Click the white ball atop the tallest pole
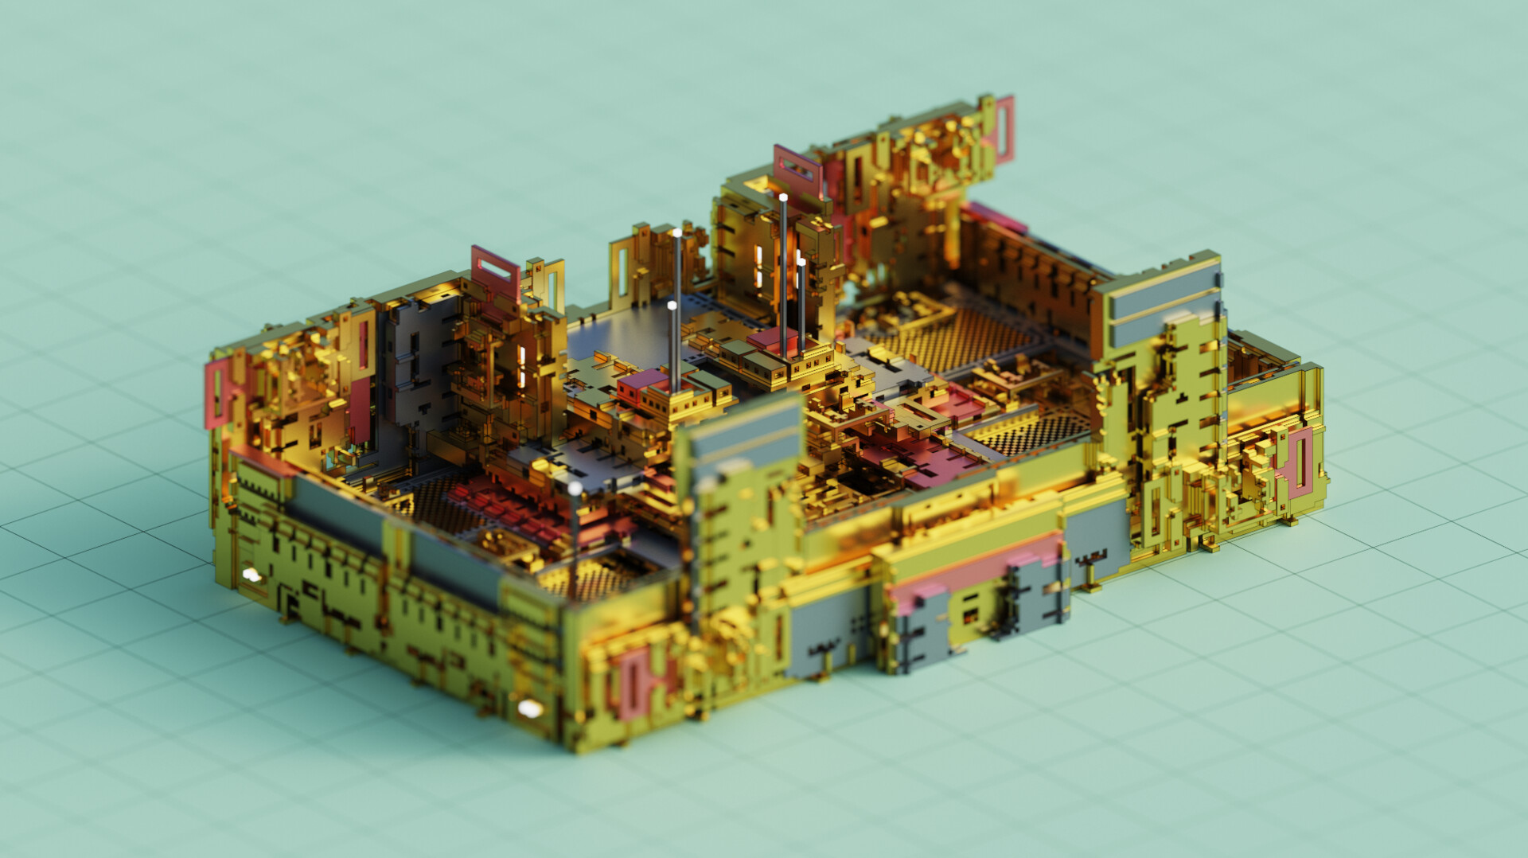pyautogui.click(x=783, y=197)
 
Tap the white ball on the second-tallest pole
pyautogui.click(x=676, y=233)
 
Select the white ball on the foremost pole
pyautogui.click(x=575, y=487)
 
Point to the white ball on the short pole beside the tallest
pyautogui.click(x=801, y=261)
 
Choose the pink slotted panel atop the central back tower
pyautogui.click(x=797, y=168)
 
